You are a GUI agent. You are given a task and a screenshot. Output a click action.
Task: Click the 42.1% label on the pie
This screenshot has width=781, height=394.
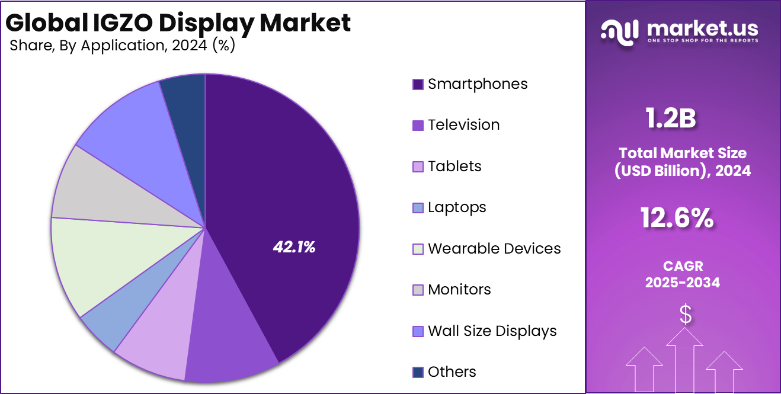[x=294, y=248]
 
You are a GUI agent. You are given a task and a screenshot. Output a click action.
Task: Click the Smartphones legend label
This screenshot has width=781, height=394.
[x=478, y=84]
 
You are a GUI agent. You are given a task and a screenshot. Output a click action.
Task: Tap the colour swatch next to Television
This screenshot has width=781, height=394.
[x=418, y=126]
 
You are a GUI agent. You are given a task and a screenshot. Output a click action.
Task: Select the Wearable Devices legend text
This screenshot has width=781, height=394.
[x=494, y=248]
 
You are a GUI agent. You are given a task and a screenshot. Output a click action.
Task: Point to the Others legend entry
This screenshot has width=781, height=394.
[x=452, y=372]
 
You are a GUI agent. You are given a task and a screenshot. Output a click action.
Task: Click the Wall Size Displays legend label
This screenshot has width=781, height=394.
[x=492, y=331]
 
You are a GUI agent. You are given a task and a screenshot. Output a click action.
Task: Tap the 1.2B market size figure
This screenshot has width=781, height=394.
[x=670, y=118]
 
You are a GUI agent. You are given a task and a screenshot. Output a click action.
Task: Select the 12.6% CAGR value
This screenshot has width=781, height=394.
[x=677, y=218]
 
